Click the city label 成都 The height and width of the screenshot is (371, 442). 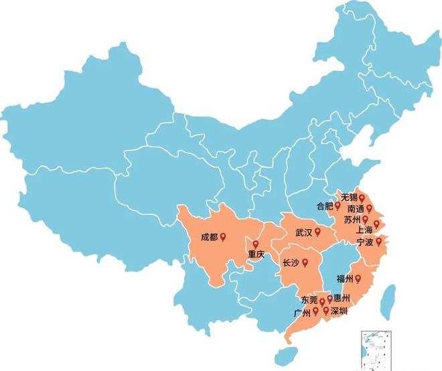coord(209,237)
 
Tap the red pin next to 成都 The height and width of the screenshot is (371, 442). coord(223,236)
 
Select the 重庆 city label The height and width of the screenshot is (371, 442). coord(256,254)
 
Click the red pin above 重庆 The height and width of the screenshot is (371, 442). coord(256,244)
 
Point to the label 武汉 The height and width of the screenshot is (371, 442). coord(304,232)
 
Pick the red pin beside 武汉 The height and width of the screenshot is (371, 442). coord(319,232)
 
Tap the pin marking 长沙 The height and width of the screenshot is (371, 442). coord(305,263)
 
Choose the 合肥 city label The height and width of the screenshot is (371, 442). coord(323,206)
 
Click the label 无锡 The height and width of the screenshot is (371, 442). coord(349,198)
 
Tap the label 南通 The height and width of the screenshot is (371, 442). coord(356,209)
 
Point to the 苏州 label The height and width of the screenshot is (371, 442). coord(352,220)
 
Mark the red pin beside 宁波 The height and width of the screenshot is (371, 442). coord(379,240)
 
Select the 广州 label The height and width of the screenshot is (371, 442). coord(302,312)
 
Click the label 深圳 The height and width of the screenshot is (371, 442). coord(340,311)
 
